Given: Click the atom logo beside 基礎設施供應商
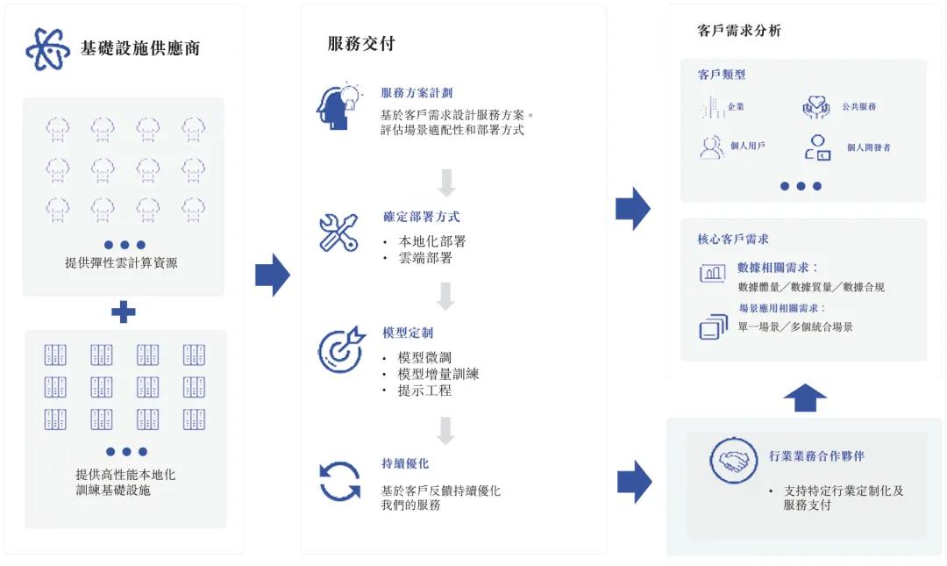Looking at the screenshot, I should click(48, 48).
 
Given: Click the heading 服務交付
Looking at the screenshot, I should click(361, 44).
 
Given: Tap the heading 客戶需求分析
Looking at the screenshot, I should click(739, 31).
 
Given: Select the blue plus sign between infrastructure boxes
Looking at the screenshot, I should click(124, 312).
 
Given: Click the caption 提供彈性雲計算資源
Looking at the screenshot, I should click(121, 262).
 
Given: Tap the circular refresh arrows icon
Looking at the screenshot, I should click(339, 481).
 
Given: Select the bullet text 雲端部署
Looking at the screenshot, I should click(425, 258).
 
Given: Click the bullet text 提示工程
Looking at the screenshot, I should click(424, 390).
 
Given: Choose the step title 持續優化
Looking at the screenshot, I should click(405, 463).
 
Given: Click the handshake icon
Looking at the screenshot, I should click(733, 460).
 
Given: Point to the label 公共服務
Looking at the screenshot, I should click(858, 107).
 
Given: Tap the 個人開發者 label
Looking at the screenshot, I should click(868, 148).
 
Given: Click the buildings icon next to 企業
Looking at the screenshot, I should click(711, 107).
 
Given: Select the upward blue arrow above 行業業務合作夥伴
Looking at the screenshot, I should click(805, 398).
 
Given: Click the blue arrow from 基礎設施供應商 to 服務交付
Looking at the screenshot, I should click(272, 275).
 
